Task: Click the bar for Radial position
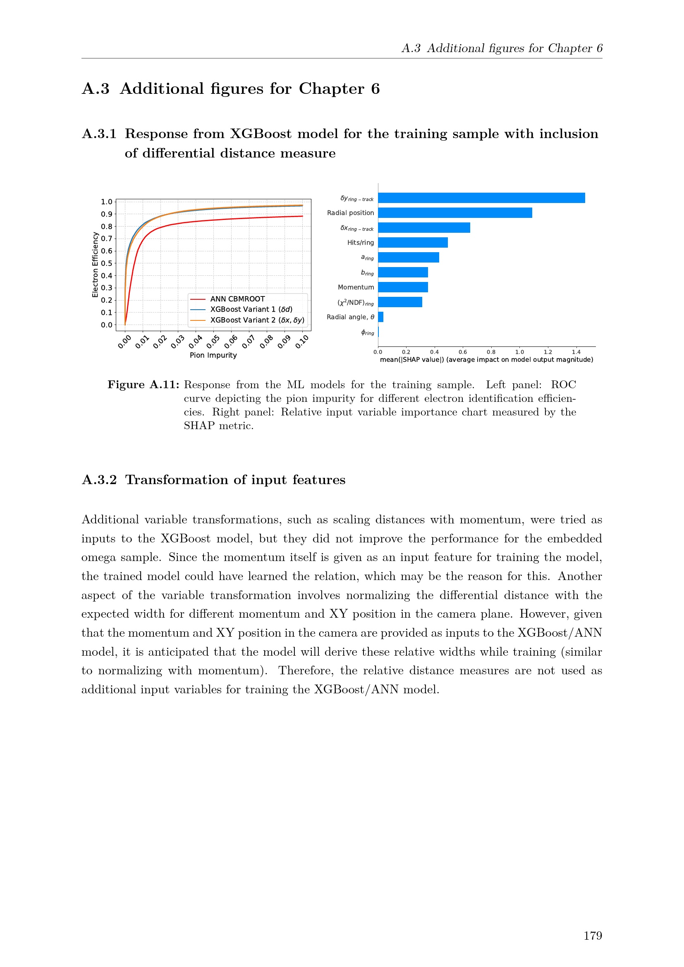[x=455, y=213]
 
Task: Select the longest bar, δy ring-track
[x=481, y=198]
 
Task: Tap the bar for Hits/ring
[x=413, y=243]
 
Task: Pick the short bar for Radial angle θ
[x=381, y=317]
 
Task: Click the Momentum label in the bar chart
[x=356, y=287]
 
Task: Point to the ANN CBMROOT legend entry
[x=237, y=299]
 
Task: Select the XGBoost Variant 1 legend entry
[x=251, y=309]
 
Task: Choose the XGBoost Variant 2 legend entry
[x=257, y=320]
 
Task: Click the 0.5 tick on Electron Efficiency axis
[x=107, y=263]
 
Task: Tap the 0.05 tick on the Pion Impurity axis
[x=213, y=341]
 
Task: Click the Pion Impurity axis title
[x=213, y=355]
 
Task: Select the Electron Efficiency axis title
[x=95, y=265]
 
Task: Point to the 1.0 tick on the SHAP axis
[x=519, y=352]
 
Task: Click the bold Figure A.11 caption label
[x=143, y=384]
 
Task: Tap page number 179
[x=593, y=936]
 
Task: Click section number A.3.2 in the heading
[x=99, y=480]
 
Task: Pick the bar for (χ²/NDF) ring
[x=400, y=302]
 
